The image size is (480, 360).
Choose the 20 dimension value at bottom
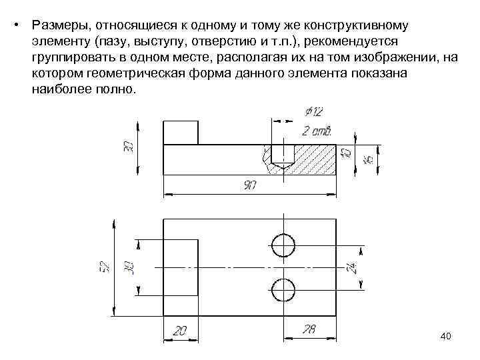pyautogui.click(x=180, y=330)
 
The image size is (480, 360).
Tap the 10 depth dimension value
pyautogui.click(x=345, y=153)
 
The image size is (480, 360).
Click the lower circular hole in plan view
pyautogui.click(x=283, y=289)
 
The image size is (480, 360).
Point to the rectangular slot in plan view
pyautogui.click(x=181, y=267)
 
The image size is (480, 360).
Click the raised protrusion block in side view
pyautogui.click(x=180, y=132)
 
